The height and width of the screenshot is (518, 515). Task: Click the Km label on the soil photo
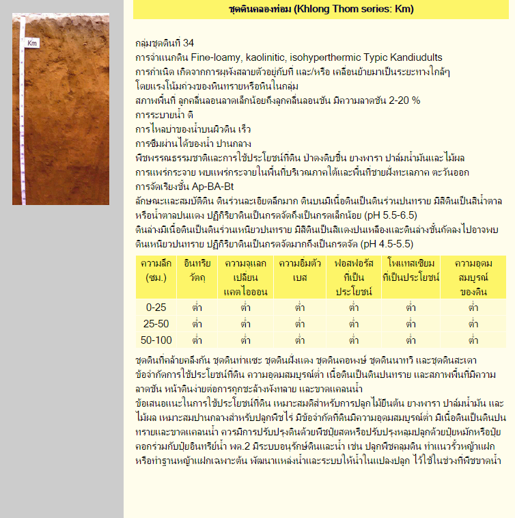pyautogui.click(x=31, y=44)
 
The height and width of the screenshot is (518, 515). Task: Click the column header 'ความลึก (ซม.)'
pyautogui.click(x=156, y=270)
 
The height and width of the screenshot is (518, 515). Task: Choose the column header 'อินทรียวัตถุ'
pyautogui.click(x=197, y=270)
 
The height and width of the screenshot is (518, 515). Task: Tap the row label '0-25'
pyautogui.click(x=156, y=308)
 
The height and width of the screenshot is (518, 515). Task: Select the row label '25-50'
pyautogui.click(x=156, y=323)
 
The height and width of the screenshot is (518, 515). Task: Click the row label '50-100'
pyautogui.click(x=156, y=340)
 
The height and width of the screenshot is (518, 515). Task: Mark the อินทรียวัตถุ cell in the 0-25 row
pyautogui.click(x=197, y=308)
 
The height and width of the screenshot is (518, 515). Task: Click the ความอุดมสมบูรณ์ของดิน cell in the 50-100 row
pyautogui.click(x=473, y=340)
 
